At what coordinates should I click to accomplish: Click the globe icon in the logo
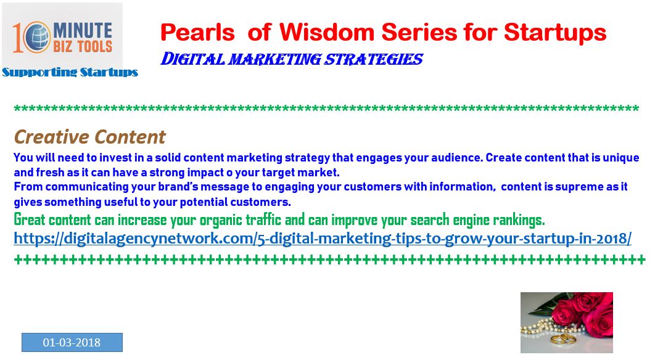pos(36,37)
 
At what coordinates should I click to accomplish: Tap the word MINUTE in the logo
pos(82,30)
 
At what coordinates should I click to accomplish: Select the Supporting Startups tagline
pos(70,72)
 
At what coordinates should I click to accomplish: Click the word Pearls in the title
pos(197,32)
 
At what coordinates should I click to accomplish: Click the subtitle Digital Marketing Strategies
pos(292,59)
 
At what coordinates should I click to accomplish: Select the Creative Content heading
pos(90,137)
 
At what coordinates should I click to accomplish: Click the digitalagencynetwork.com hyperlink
pos(323,239)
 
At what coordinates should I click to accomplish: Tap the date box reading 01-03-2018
pos(72,343)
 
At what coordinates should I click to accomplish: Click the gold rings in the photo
pos(561,338)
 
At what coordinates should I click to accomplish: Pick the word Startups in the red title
pos(555,33)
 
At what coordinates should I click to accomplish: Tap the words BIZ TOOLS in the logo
pos(83,46)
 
